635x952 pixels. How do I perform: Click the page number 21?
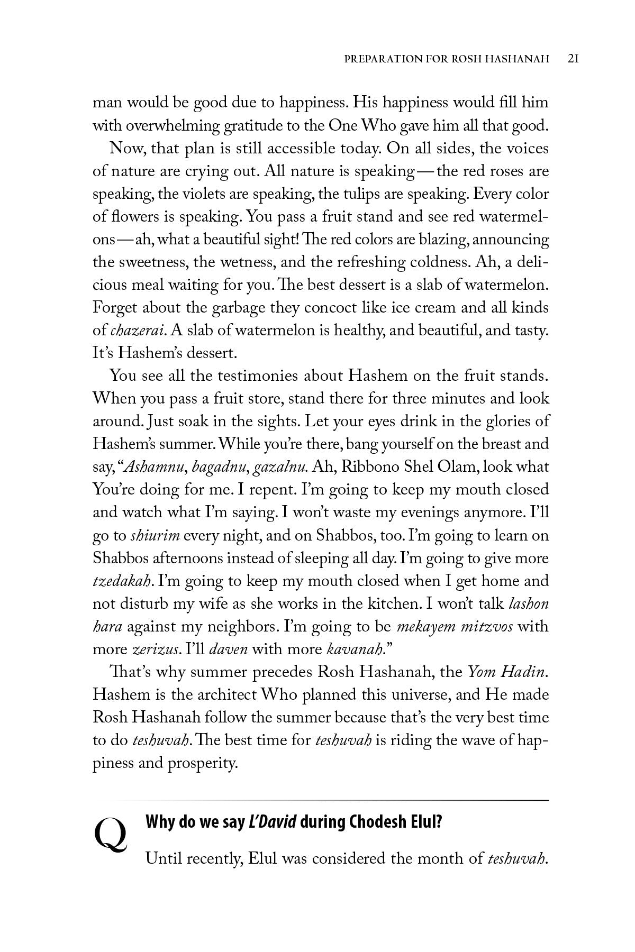coord(573,58)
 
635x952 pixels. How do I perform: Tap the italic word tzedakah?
coord(123,581)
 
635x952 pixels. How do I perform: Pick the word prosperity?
coord(203,764)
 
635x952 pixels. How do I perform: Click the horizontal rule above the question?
coord(321,800)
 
